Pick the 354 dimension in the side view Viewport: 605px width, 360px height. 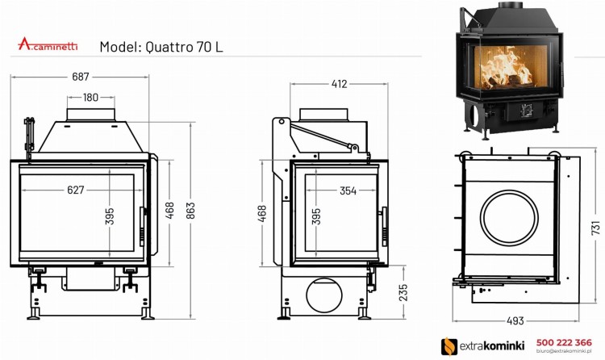tap(326, 190)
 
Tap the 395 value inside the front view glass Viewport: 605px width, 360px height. tap(110, 217)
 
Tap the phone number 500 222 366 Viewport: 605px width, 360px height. tap(563, 341)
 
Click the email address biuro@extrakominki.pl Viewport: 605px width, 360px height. tap(563, 352)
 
